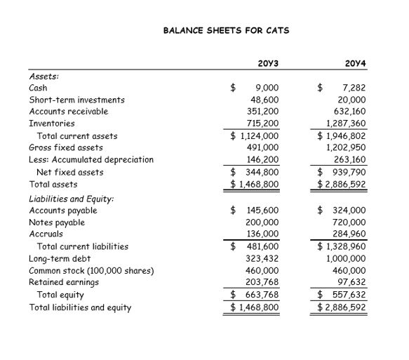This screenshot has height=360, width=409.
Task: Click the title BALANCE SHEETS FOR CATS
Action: pos(226,31)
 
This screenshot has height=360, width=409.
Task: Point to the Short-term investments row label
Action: pos(76,100)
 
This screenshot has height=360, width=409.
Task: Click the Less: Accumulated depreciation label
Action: pos(90,159)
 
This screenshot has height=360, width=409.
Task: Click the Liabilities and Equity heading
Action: pos(72,199)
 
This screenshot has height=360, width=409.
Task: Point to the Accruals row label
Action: pos(46,234)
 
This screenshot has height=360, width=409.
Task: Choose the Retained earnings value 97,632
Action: pos(351,282)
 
